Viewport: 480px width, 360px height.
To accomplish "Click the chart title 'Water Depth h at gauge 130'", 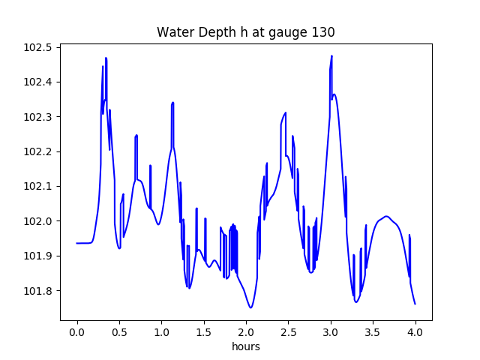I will pos(245,32).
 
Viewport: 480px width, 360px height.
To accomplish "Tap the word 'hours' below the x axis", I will pos(245,347).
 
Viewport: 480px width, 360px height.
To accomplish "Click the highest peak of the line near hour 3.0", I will pos(331,56).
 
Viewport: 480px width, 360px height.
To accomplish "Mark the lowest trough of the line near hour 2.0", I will pos(250,307).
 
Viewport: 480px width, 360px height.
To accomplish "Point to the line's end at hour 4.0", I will pos(415,304).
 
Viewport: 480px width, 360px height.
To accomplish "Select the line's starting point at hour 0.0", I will pos(76,243).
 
